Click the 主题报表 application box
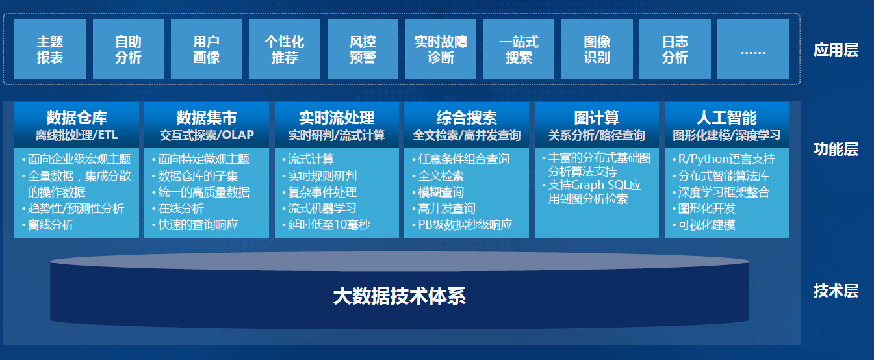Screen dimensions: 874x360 click(50, 49)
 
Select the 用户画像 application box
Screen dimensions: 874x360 click(207, 49)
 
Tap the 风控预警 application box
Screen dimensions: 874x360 click(363, 49)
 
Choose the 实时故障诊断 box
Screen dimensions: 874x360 click(441, 49)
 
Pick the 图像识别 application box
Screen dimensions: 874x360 click(597, 49)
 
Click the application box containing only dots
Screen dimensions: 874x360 click(753, 49)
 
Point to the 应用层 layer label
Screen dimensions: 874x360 click(836, 50)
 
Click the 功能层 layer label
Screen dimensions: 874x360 click(836, 149)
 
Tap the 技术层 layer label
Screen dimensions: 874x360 click(836, 290)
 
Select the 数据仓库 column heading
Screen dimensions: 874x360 click(77, 118)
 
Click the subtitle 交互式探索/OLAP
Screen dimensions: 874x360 click(207, 135)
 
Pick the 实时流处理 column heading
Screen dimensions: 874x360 click(337, 118)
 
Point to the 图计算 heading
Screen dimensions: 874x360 click(597, 118)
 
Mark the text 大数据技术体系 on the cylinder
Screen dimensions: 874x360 click(400, 296)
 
